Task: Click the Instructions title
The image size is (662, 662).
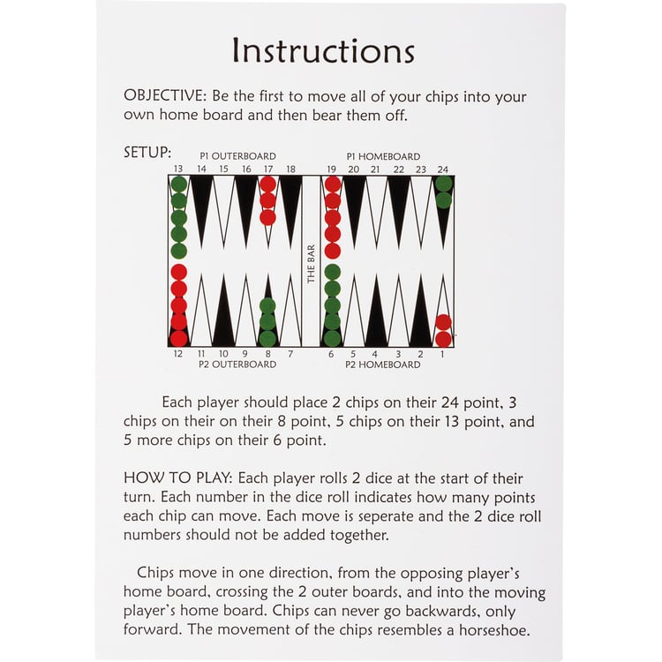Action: (x=323, y=50)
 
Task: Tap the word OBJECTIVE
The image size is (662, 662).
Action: (x=163, y=96)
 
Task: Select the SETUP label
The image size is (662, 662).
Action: (x=146, y=153)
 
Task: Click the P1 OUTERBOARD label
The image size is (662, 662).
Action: (x=237, y=155)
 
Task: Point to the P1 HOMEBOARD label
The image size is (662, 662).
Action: (x=383, y=156)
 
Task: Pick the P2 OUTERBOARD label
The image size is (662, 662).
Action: (x=237, y=365)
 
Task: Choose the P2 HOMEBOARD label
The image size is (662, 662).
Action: (x=383, y=365)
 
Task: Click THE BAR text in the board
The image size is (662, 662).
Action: (x=312, y=264)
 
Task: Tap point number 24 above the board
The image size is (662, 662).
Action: (x=442, y=169)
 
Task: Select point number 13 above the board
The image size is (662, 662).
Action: (x=178, y=169)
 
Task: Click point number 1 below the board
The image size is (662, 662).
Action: (x=442, y=354)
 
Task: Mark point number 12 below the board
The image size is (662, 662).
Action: (x=178, y=354)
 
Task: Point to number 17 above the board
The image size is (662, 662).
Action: (x=268, y=169)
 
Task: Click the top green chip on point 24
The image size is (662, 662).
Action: (x=443, y=184)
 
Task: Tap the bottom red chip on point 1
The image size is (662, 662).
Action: (x=443, y=339)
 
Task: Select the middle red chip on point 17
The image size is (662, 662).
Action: (x=267, y=201)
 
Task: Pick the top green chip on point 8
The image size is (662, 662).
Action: (x=267, y=306)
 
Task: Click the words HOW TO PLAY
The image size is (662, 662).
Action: (x=177, y=478)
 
